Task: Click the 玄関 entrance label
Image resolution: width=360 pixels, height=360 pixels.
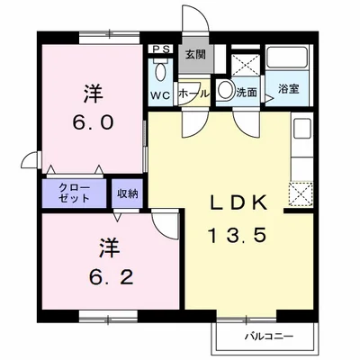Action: pos(193,54)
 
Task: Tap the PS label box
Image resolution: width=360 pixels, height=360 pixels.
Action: pos(162,49)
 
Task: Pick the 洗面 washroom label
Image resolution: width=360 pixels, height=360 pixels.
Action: pos(247,91)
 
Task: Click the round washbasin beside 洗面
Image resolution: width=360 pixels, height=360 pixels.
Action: pos(224,90)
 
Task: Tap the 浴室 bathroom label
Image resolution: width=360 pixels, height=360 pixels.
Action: pos(288,89)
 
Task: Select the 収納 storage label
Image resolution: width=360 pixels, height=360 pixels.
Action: pos(127,193)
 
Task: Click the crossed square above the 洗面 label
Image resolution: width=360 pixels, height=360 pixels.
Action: pos(245,64)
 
